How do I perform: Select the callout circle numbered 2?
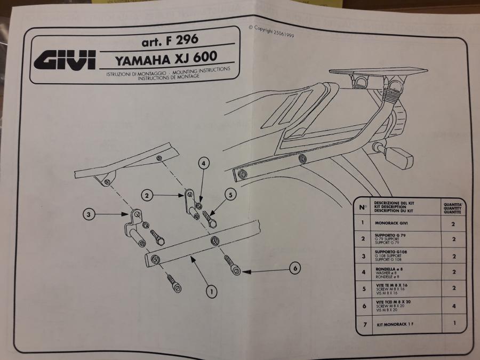[x=149, y=196]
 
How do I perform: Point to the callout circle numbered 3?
[x=90, y=215]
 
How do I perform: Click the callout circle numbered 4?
[x=204, y=164]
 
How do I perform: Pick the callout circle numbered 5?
[x=229, y=194]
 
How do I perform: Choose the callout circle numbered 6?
[x=294, y=269]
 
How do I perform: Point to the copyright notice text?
[x=271, y=31]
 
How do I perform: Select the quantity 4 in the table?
[x=453, y=306]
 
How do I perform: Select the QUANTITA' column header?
[x=452, y=207]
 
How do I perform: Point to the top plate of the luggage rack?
[x=379, y=73]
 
